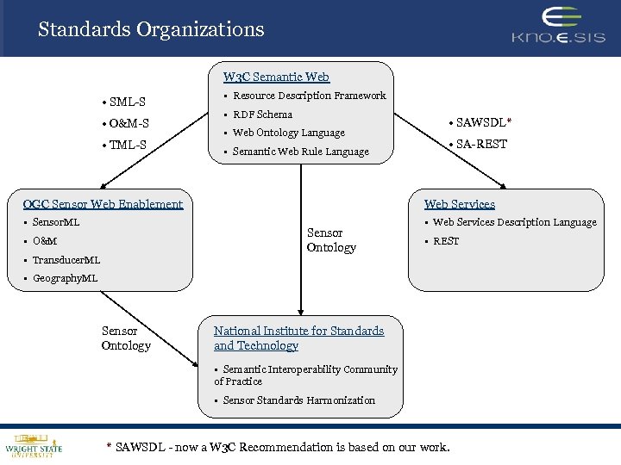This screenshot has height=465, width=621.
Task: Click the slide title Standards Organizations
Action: point(151,29)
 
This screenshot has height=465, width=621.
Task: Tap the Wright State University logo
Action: point(34,443)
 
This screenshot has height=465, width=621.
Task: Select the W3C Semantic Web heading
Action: point(276,77)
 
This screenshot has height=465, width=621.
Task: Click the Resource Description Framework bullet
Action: point(309,96)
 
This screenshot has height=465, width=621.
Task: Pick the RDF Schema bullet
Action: point(262,115)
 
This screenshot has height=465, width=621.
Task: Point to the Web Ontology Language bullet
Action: point(288,133)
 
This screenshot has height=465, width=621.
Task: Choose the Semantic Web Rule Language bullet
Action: point(300,152)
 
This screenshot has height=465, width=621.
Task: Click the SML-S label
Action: point(123,102)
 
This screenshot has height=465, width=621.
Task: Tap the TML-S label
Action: point(124,145)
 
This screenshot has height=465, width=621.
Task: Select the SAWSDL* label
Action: point(480,123)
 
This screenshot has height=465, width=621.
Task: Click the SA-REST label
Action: point(478,144)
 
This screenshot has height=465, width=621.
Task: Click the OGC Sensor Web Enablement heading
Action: point(103,204)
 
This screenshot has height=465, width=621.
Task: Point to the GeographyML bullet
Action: point(65,278)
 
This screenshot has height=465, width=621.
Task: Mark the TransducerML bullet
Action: point(66,260)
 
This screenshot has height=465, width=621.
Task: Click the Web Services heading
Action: point(459,204)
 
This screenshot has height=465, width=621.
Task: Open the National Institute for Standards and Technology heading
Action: point(298,338)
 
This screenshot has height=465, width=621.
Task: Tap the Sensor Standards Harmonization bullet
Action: point(298,400)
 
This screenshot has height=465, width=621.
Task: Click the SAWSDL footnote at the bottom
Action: point(277,447)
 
